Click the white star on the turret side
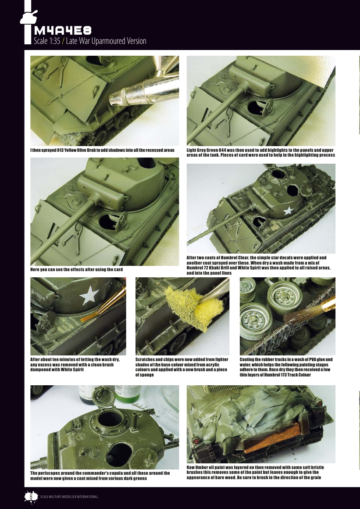(288, 211)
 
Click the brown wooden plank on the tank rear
(269, 441)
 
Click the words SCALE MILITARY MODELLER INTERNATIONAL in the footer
(68, 497)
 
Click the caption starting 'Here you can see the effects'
(76, 269)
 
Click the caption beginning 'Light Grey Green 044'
(260, 152)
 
